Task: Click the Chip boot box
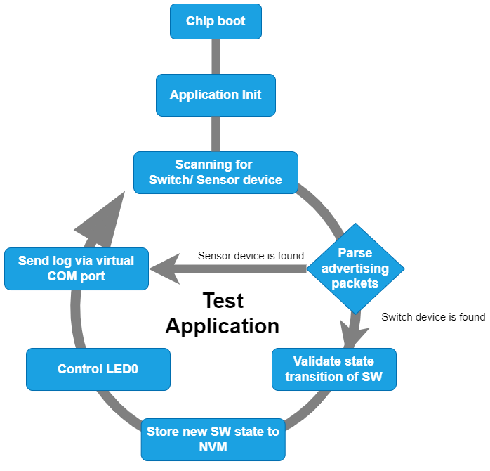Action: (216, 21)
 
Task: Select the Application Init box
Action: (216, 95)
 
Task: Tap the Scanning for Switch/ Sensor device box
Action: (216, 172)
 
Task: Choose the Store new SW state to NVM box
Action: (213, 439)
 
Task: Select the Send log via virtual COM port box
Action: (76, 269)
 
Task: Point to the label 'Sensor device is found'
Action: (251, 256)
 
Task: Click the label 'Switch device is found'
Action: (433, 317)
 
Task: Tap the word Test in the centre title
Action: (223, 301)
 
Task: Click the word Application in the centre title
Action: (223, 325)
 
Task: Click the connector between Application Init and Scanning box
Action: (216, 134)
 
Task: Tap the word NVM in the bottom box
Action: (213, 446)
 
